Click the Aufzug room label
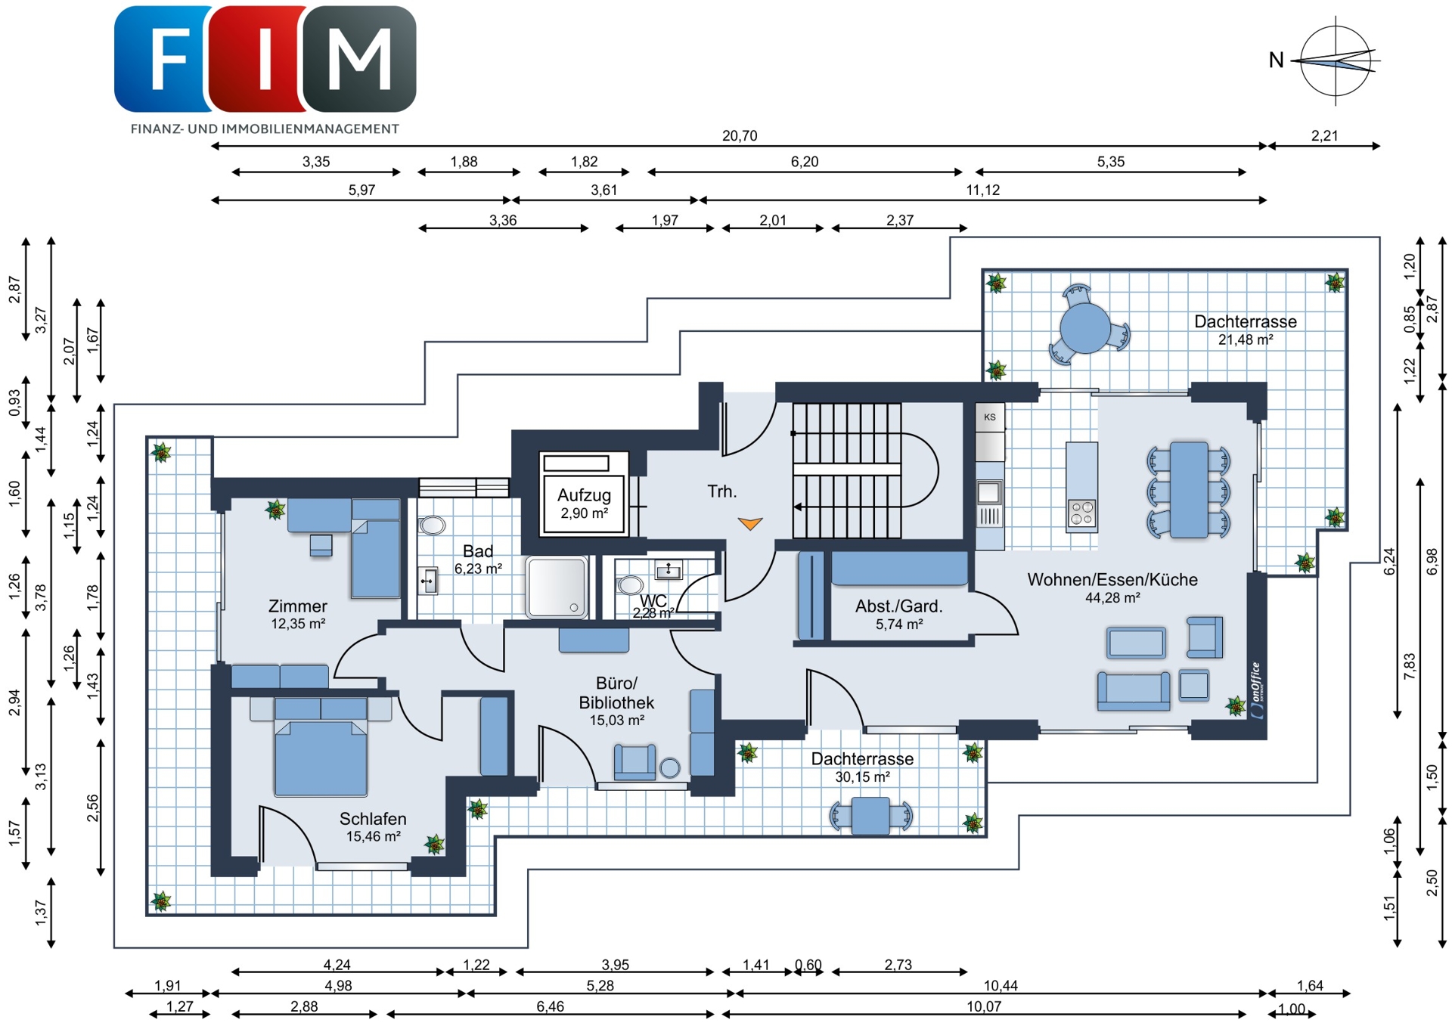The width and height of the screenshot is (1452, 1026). point(584,495)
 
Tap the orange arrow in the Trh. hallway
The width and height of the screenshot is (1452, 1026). point(750,523)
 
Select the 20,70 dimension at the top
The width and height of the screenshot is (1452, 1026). point(739,136)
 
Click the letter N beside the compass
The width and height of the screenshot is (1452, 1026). point(1277,60)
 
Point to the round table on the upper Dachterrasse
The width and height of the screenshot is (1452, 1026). point(1085,328)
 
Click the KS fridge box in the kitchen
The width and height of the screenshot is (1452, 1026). point(990,417)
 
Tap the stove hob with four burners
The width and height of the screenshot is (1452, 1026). point(1081,513)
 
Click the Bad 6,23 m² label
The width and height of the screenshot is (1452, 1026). point(478,559)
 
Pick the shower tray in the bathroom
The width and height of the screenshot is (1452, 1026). point(557,587)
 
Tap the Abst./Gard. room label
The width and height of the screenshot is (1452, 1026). point(898,606)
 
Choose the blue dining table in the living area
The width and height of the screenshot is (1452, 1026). point(1189,490)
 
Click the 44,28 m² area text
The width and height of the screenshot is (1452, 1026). point(1112,598)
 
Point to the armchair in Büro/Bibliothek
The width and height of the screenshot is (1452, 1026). point(634,761)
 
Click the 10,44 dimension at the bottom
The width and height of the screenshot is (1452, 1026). point(1001,985)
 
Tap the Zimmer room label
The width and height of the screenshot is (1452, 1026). point(298,606)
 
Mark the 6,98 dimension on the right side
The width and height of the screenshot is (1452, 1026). point(1432,561)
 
